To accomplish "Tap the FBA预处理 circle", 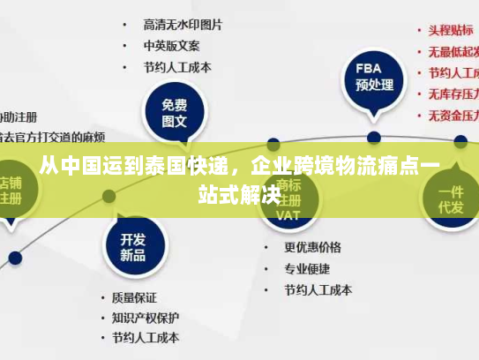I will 374,78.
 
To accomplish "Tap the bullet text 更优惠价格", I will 312,247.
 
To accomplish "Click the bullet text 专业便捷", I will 306,268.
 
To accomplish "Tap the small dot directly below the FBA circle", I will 374,137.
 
